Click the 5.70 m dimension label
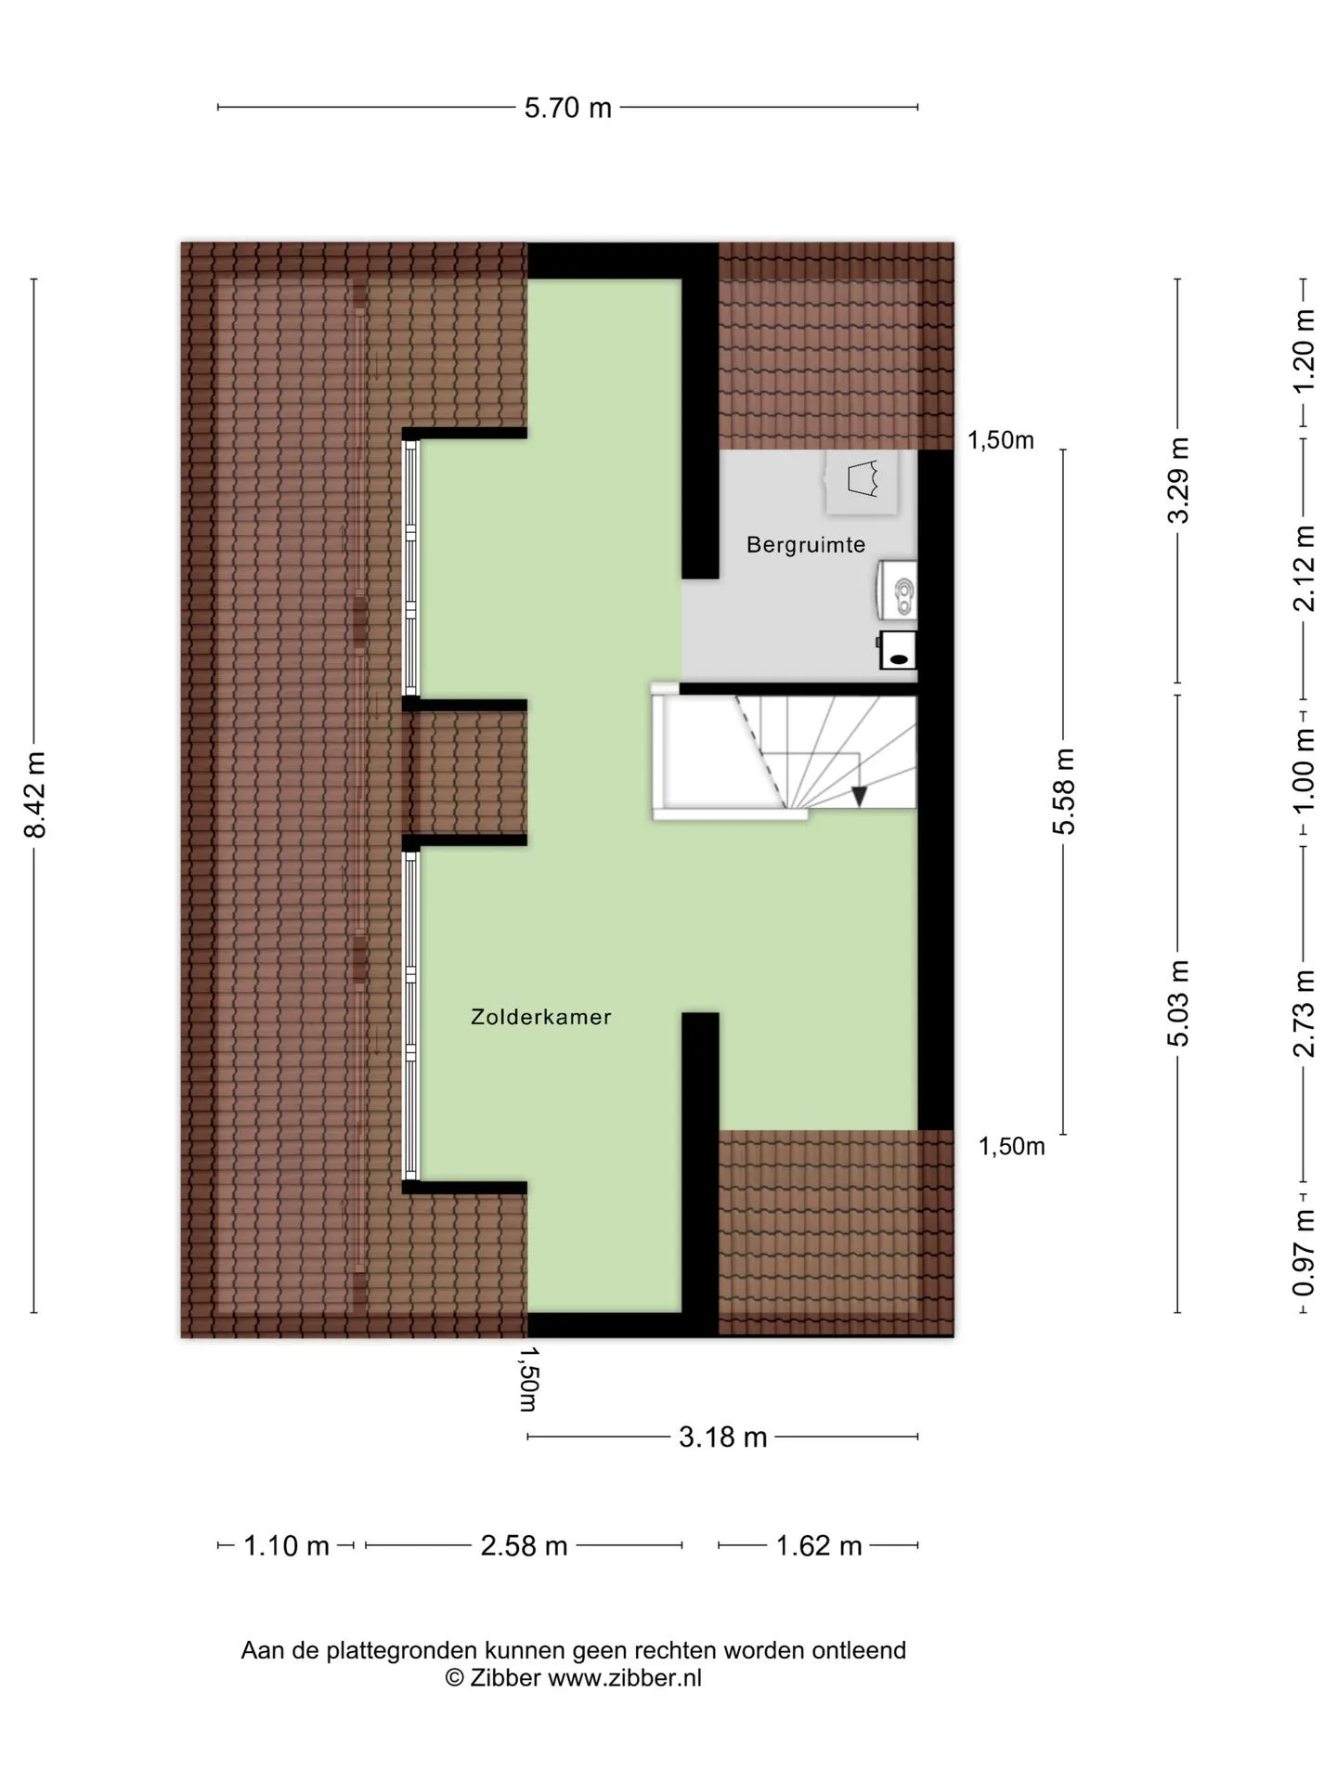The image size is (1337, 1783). tap(568, 108)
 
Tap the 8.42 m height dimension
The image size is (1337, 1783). tap(35, 794)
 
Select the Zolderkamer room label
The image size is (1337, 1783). tap(541, 1017)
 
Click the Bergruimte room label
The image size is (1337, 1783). tap(806, 545)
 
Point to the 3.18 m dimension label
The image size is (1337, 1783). tap(723, 1438)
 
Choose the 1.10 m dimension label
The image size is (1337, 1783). tap(287, 1546)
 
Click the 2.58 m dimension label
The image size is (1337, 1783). tap(524, 1546)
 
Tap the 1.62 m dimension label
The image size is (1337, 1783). tap(819, 1546)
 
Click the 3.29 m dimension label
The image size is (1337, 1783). tap(1178, 480)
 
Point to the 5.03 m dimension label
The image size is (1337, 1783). tap(1178, 1003)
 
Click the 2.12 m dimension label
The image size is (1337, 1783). tap(1305, 568)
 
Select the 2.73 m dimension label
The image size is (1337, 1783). tap(1305, 1014)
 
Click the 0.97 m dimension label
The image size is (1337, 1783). tap(1305, 1252)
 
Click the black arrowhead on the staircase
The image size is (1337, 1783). tap(860, 796)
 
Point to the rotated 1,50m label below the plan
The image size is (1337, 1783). tap(528, 1379)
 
